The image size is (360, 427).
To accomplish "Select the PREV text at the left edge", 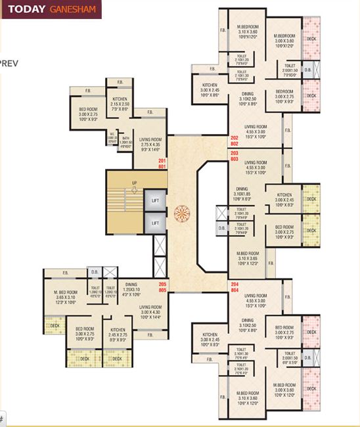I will tap(8, 63).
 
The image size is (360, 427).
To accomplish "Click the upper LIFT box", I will tap(155, 199).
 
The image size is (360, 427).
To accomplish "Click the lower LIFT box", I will tap(155, 223).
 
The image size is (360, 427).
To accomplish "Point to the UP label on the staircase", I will tap(134, 183).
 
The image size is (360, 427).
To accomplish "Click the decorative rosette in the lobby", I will tap(181, 212).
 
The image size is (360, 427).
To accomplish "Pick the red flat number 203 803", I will tap(235, 156).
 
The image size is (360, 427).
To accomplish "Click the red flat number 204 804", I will tap(235, 286).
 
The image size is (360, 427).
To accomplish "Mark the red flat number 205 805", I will tap(163, 286).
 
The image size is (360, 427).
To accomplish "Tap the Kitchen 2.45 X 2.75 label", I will tap(118, 334).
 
